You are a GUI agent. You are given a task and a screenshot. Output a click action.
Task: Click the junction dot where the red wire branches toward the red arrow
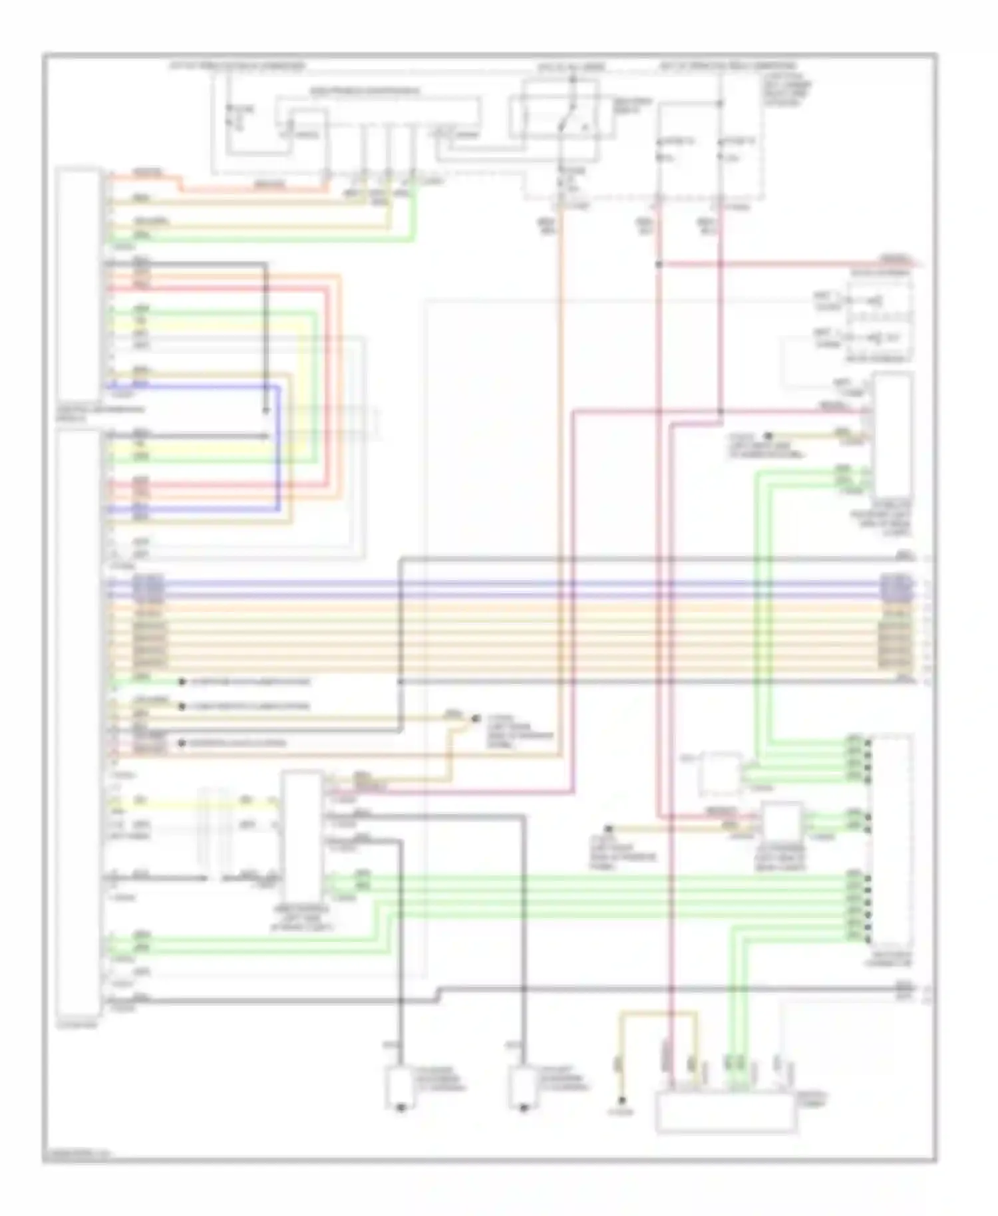point(659,264)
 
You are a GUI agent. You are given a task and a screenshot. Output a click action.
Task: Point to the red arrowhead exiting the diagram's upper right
point(919,264)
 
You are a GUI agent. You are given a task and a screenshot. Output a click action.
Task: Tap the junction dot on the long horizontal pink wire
point(721,412)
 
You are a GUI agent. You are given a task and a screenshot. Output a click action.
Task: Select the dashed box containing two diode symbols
point(878,320)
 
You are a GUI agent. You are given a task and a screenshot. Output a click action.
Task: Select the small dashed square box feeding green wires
point(721,774)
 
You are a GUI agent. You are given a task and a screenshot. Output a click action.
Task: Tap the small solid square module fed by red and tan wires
point(782,822)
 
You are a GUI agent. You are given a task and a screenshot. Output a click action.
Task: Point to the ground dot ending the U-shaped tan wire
point(621,1100)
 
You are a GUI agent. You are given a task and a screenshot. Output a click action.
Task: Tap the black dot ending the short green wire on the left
point(181,683)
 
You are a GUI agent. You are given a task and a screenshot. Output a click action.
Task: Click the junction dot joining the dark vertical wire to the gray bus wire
point(401,683)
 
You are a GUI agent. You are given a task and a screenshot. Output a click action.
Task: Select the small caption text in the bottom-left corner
point(77,1155)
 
